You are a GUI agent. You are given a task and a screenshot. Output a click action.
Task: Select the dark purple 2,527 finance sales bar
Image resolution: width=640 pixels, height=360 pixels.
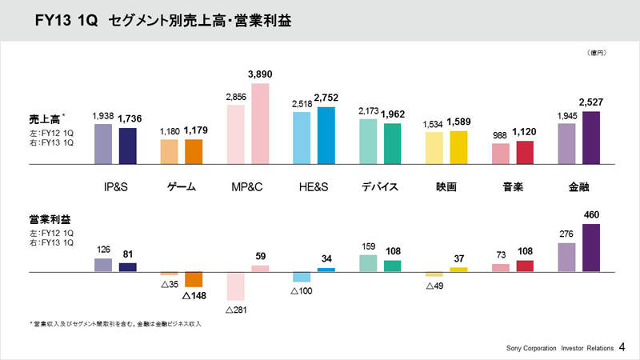coord(591,137)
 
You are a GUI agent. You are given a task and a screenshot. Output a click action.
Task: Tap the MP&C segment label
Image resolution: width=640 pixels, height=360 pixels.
coord(247,187)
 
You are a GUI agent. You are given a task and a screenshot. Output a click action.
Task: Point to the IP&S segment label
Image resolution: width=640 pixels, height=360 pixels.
coord(115,187)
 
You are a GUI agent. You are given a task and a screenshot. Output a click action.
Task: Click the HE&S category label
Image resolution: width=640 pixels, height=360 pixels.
coord(313,187)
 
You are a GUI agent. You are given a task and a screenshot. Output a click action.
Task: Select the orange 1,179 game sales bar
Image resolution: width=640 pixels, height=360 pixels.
coord(194,151)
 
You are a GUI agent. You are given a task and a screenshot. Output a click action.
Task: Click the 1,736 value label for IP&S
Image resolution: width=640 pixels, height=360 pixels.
coord(130,119)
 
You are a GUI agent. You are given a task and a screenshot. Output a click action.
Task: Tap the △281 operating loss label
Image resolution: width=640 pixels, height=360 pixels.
coord(238,309)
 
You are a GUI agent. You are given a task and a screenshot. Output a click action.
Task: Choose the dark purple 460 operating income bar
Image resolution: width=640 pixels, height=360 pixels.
coord(591,249)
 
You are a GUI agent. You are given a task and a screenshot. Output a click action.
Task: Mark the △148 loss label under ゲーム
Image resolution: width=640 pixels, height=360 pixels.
coord(194,295)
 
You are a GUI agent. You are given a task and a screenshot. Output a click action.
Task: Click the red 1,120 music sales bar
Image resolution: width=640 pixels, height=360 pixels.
coord(525,152)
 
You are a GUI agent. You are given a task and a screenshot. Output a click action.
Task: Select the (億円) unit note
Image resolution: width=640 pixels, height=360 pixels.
coord(596,53)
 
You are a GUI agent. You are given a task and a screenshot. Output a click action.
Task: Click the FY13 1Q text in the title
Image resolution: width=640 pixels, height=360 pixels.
coord(66,19)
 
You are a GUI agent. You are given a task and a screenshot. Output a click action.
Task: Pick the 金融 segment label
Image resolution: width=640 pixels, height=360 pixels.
coord(578,187)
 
